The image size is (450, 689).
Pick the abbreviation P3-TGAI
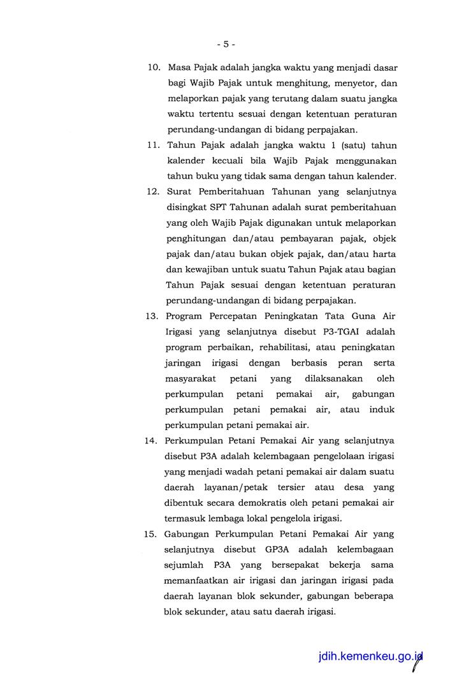350,331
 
